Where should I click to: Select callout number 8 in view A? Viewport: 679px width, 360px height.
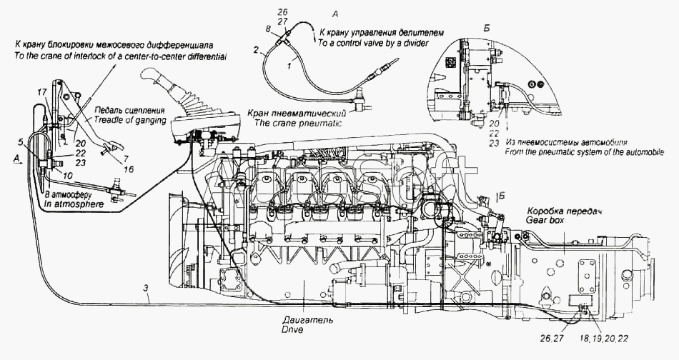(267, 29)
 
